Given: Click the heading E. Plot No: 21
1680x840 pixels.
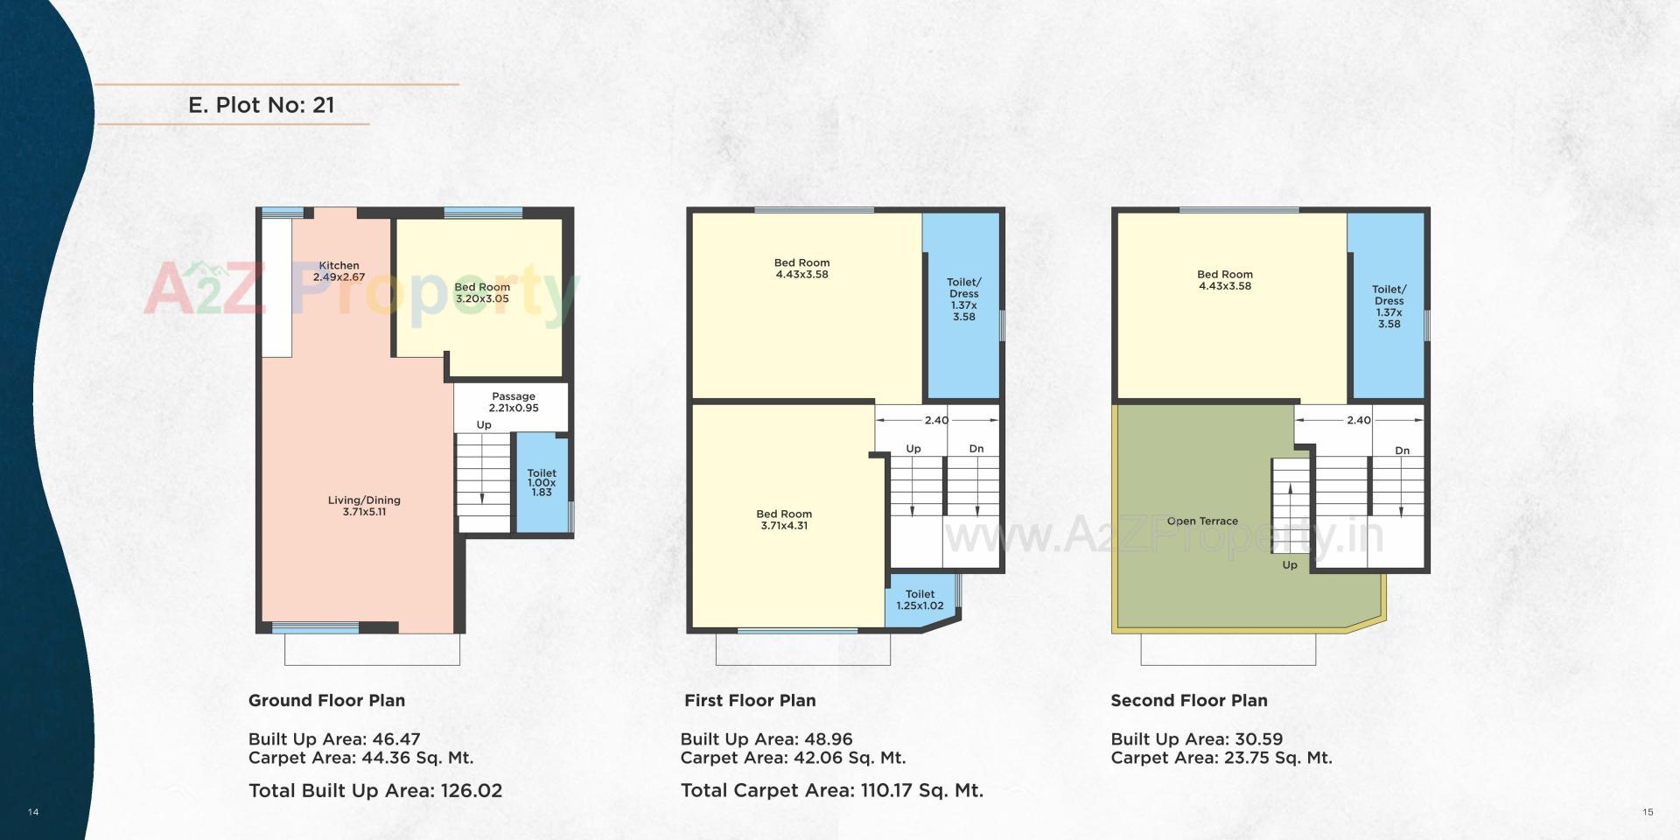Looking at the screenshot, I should pos(261,105).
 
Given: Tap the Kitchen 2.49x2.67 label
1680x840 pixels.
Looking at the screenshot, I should pos(339,271).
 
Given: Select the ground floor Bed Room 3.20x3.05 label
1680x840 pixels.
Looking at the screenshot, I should pos(482,293).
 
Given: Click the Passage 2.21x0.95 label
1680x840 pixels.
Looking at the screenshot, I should pos(514,402).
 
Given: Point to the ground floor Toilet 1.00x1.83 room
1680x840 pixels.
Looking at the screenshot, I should pos(542,483).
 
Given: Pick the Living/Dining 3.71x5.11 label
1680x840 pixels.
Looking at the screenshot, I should pos(364,506).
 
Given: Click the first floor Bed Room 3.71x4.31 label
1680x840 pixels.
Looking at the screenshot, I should pos(784,520).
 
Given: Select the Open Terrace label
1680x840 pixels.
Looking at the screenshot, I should pos(1202,521).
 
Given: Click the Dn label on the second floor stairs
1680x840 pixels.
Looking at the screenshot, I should pos(1402,451).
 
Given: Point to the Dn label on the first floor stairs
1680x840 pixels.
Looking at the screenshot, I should pos(976,449).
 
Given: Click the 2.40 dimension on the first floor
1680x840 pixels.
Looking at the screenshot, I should pos(936,420).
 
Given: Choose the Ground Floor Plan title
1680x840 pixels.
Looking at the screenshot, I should pos(326,701).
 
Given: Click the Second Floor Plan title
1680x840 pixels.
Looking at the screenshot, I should pos(1188,701).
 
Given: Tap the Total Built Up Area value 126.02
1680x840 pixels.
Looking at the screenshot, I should pos(471,791).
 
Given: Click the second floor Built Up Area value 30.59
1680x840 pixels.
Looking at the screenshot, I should pos(1258,739).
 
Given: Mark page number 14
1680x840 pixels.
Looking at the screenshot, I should pos(33,812).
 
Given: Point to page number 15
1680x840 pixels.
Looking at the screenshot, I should pos(1648,812).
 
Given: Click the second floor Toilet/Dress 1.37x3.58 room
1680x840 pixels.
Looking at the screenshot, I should pos(1389,306).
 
